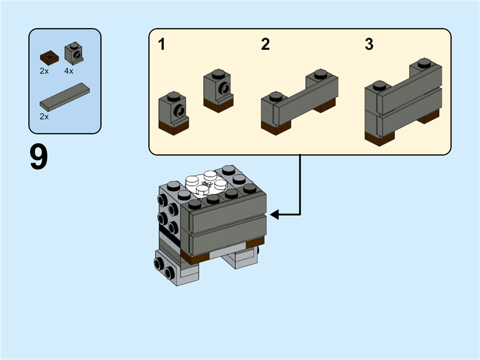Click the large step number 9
39,157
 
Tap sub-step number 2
265,44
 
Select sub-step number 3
369,44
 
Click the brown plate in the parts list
48,58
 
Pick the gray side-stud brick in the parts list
74,53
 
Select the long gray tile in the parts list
65,96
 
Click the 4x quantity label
68,71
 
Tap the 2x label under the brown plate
44,71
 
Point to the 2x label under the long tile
44,116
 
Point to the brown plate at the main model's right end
256,242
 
